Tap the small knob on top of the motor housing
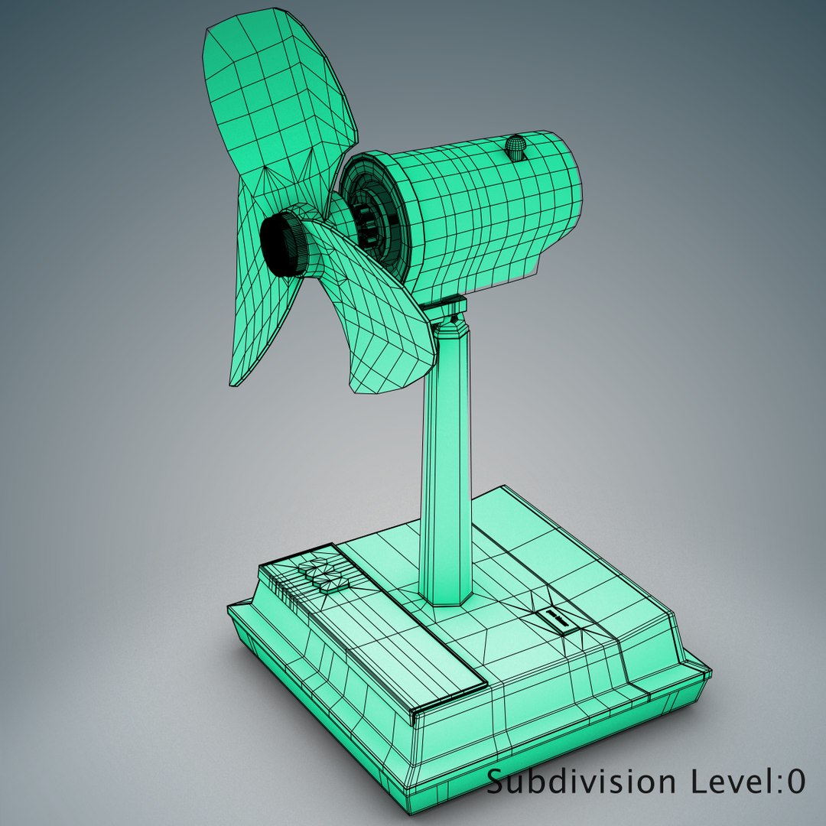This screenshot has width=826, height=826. coord(518,148)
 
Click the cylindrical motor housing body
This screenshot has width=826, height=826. coord(482,206)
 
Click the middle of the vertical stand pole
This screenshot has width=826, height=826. coord(444,459)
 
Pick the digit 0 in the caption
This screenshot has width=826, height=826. coord(795,782)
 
